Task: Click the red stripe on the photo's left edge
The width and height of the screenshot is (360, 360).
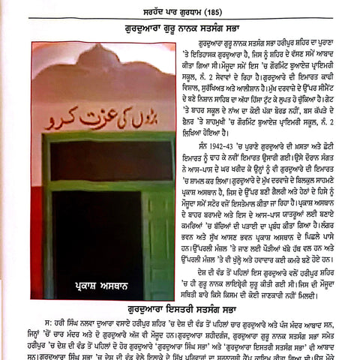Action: point(35,187)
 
